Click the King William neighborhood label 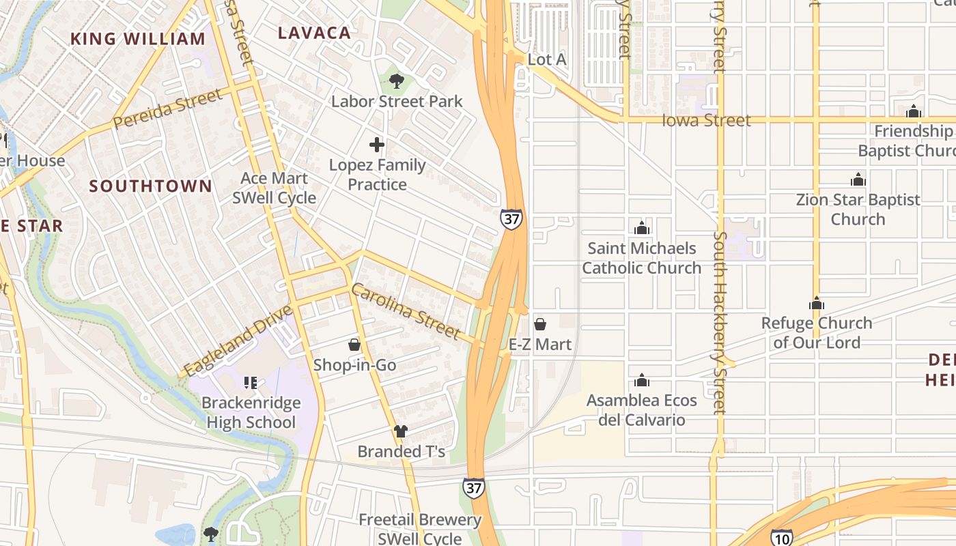(138, 39)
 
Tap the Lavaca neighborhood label (314, 33)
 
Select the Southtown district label (150, 186)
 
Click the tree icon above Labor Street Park (396, 82)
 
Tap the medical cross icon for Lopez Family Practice (376, 145)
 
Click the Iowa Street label (706, 121)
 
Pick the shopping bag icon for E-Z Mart (539, 324)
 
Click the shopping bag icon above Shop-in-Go (354, 345)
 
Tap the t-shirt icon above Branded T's (401, 431)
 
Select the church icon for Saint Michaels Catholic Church (641, 228)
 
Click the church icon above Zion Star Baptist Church (858, 179)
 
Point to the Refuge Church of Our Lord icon (816, 303)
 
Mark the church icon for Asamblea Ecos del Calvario (641, 380)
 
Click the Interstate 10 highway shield (782, 537)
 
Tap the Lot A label (547, 59)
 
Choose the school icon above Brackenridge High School (251, 383)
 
